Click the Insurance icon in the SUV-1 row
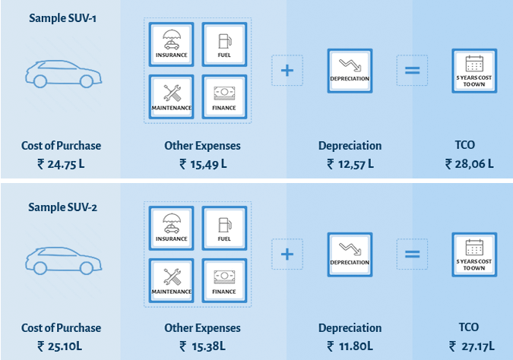pos(173,44)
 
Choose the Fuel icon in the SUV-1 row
pos(223,44)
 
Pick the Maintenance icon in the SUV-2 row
pos(173,280)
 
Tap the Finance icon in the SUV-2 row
pos(223,280)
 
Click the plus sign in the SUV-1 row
pos(287,71)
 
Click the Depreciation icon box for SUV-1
pos(350,71)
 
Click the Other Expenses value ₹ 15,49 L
pos(202,163)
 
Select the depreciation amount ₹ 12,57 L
pos(350,163)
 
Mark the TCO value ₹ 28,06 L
pos(469,163)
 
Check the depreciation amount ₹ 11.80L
pos(350,346)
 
